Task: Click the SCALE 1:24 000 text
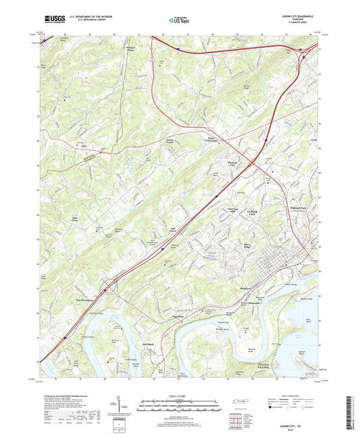click(180, 396)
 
